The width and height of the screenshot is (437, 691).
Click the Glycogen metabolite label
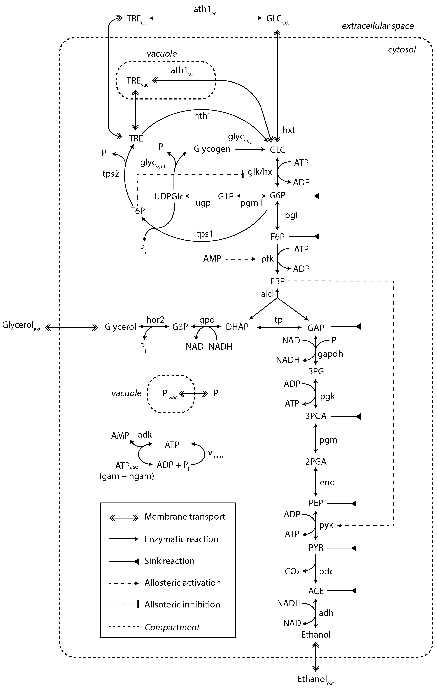(212, 149)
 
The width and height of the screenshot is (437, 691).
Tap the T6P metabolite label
(138, 211)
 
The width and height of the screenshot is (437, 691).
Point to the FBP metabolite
(277, 281)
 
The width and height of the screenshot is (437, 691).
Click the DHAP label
(237, 327)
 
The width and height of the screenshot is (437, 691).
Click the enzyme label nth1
(202, 116)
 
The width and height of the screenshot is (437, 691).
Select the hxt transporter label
(289, 130)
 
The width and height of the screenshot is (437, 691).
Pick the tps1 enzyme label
(204, 234)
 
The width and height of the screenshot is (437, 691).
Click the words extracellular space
(378, 26)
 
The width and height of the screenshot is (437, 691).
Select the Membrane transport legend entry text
(185, 517)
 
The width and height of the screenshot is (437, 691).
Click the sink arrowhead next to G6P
(316, 196)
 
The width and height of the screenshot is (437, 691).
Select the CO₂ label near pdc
(292, 571)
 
